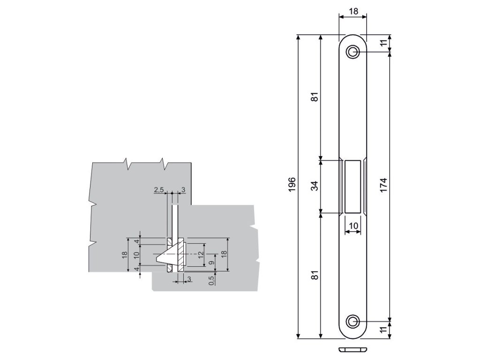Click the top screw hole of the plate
pyautogui.click(x=353, y=52)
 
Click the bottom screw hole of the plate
pyautogui.click(x=353, y=322)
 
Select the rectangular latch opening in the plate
pyautogui.click(x=353, y=186)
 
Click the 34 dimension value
pyautogui.click(x=315, y=186)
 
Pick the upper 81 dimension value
pyautogui.click(x=315, y=97)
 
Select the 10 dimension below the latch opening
pyautogui.click(x=353, y=225)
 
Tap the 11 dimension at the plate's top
pyautogui.click(x=383, y=43)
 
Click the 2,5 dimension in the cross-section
pyautogui.click(x=158, y=189)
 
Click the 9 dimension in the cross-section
pyautogui.click(x=211, y=263)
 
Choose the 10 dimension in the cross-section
pyautogui.click(x=136, y=255)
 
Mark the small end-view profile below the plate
pyautogui.click(x=353, y=350)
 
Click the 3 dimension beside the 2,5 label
pyautogui.click(x=183, y=189)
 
